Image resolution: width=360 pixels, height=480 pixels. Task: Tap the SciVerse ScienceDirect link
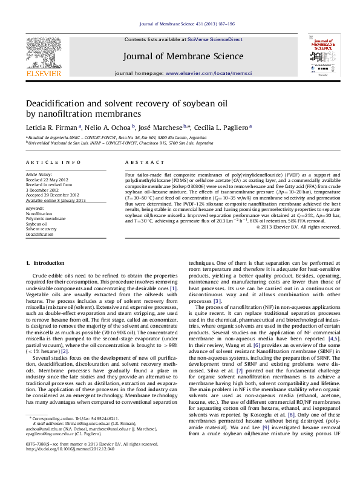pyautogui.click(x=215, y=39)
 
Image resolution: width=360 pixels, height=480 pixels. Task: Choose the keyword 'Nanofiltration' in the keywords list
pyautogui.click(x=39, y=214)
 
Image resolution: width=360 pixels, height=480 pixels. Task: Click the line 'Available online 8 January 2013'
pyautogui.click(x=56, y=199)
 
